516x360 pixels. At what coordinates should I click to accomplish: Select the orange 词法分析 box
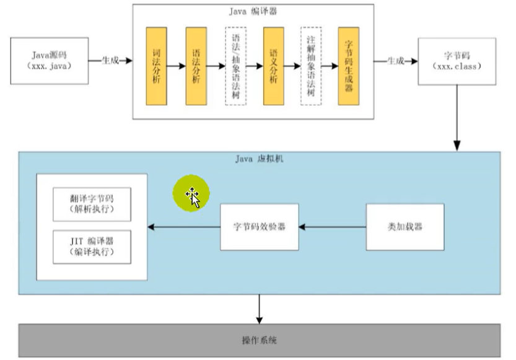click(x=156, y=66)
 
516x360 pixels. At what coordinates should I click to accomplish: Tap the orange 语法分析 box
click(x=196, y=66)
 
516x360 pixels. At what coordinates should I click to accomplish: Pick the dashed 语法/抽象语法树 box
click(x=235, y=66)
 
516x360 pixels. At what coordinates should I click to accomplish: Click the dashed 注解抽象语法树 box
click(x=312, y=66)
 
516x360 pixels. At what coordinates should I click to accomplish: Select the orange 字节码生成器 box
click(x=349, y=66)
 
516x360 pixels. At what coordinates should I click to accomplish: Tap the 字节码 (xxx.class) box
click(x=458, y=60)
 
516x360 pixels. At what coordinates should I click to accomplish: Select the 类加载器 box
click(x=405, y=227)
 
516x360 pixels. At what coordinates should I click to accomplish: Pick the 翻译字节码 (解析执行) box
click(x=92, y=204)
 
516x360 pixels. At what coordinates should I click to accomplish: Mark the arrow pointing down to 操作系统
click(x=260, y=308)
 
